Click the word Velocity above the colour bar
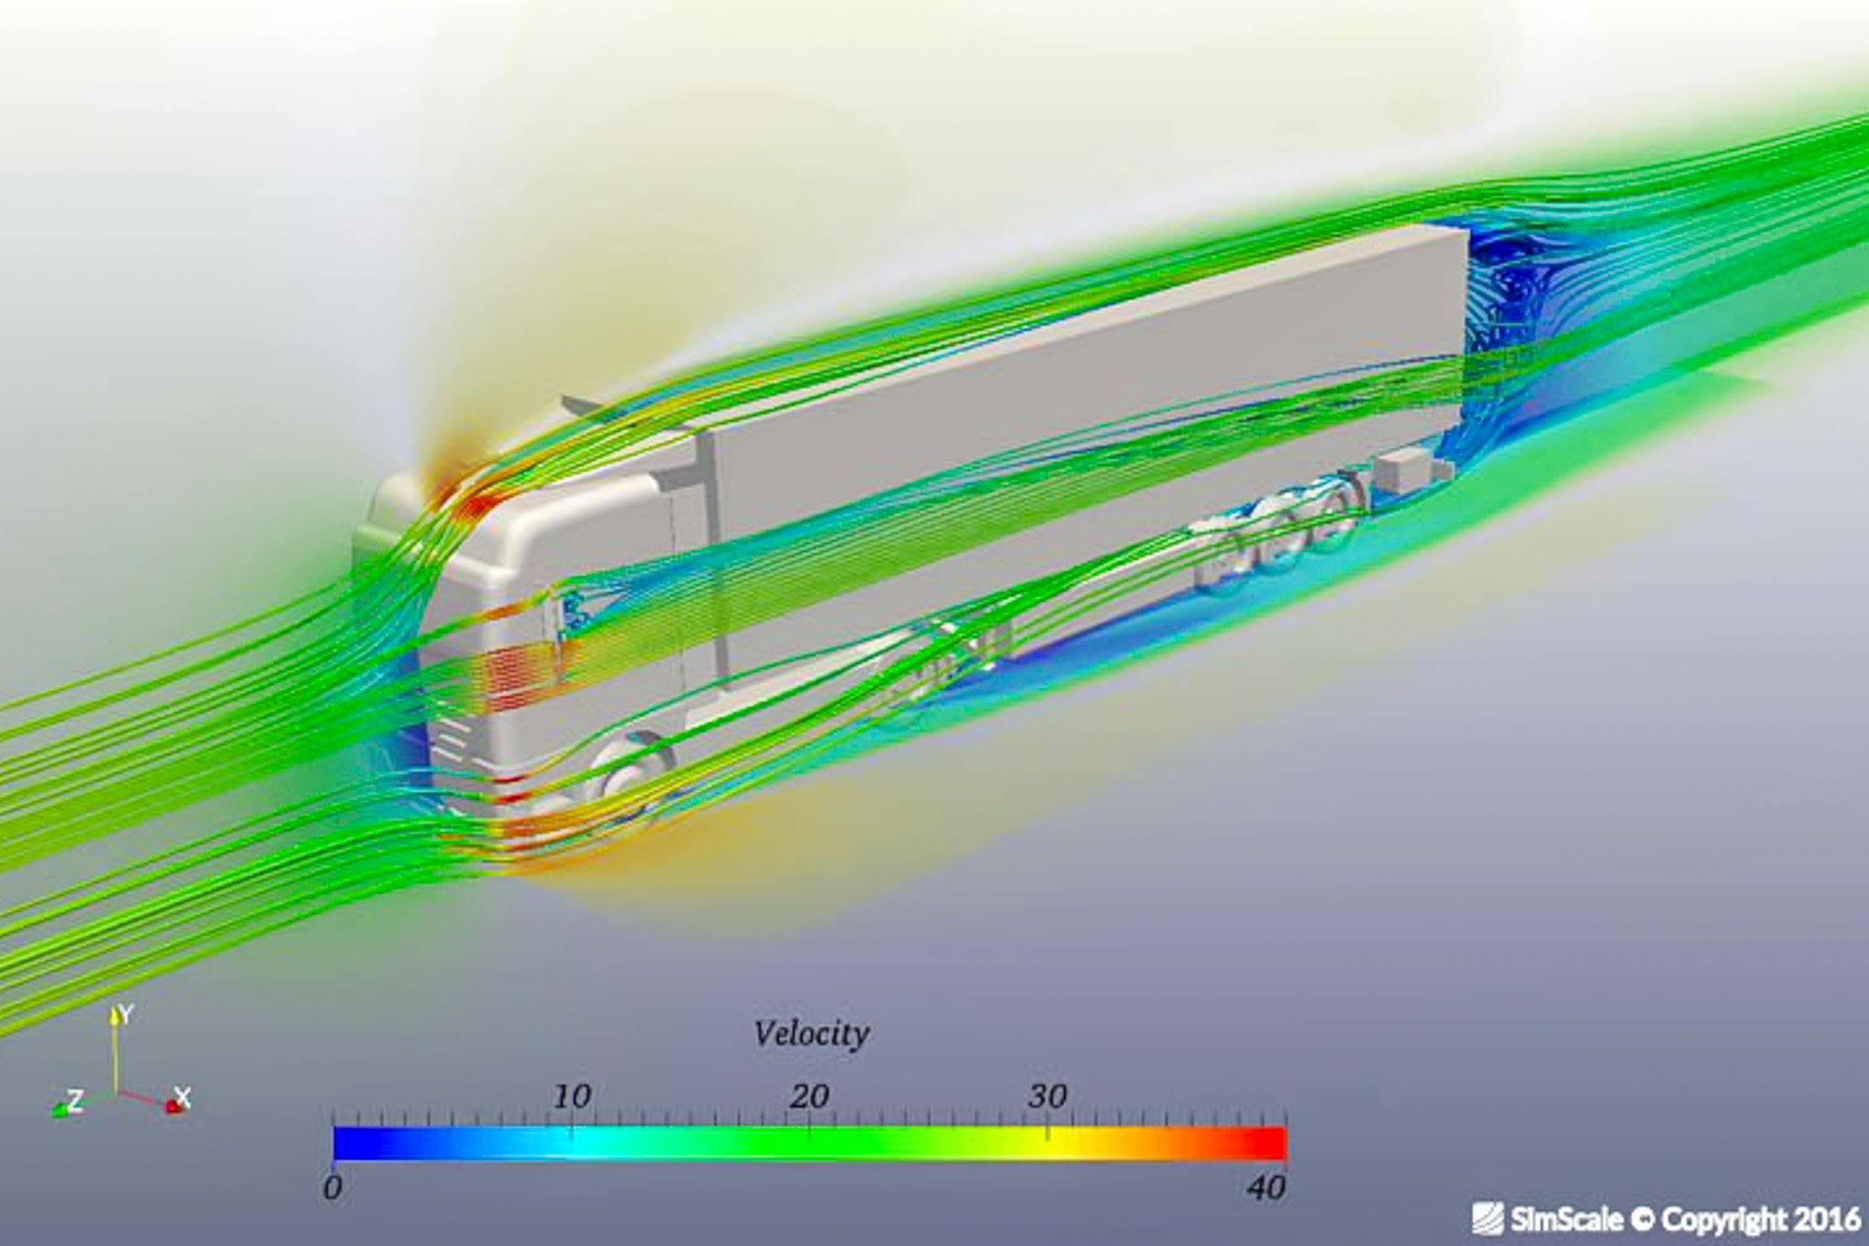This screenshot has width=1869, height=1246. point(811,1034)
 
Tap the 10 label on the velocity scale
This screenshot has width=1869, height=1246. point(572,1096)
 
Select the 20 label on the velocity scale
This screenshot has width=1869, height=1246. point(809,1096)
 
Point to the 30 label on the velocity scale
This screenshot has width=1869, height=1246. point(1048,1096)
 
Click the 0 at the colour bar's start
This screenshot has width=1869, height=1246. point(333,1188)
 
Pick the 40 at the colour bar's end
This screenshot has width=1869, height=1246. point(1267,1188)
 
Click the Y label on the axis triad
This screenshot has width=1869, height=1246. point(124,1014)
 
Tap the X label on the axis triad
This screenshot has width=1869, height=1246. point(183,1096)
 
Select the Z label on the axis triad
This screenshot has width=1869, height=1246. point(75,1100)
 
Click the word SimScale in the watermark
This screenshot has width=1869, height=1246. point(1567,1220)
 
